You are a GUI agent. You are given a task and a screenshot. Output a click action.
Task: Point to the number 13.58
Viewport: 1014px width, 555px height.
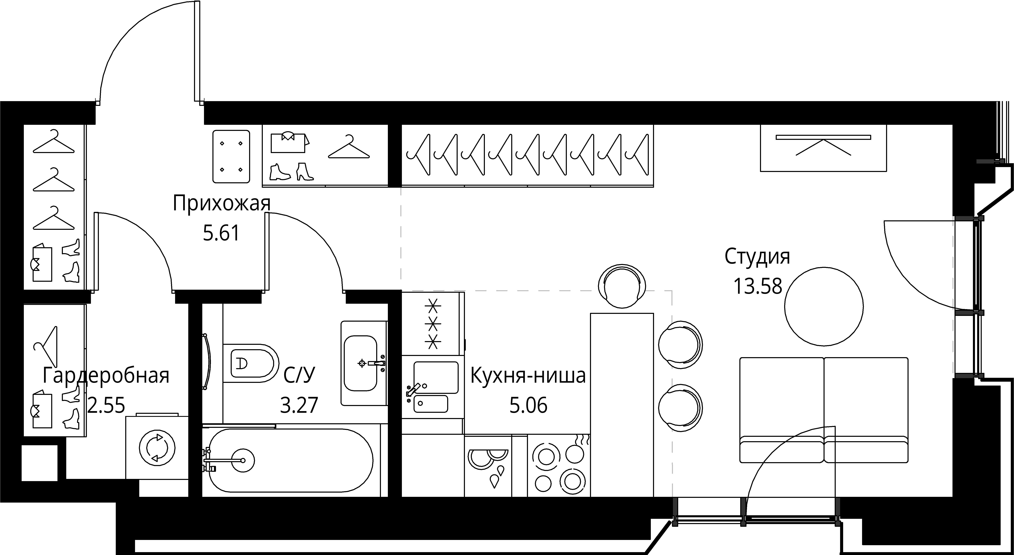(757, 286)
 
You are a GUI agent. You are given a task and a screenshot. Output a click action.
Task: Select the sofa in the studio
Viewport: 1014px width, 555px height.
(824, 410)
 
